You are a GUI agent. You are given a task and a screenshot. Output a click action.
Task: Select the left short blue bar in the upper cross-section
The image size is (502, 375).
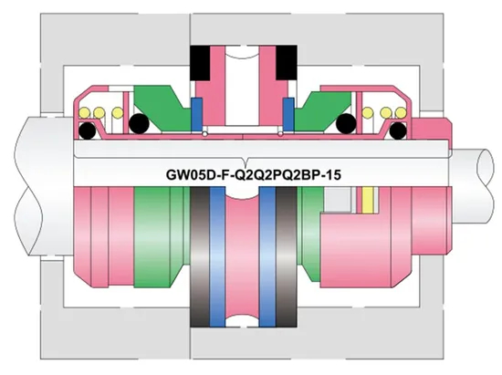click(196, 113)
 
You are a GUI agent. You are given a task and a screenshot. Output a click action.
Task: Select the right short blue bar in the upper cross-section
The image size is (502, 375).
click(288, 113)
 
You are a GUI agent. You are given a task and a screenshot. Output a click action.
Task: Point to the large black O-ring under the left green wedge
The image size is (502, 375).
click(139, 123)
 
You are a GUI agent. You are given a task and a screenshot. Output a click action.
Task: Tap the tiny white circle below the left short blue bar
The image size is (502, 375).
click(205, 133)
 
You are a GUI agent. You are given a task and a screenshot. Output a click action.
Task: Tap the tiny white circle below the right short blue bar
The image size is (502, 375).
click(279, 133)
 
